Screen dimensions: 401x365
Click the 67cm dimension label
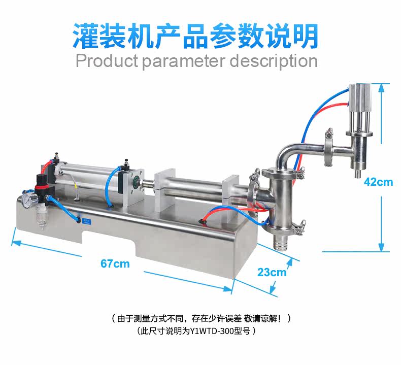[115, 263]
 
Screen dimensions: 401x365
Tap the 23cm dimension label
[272, 272]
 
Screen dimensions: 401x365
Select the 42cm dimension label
[379, 182]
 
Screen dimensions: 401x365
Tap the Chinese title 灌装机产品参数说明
[196, 35]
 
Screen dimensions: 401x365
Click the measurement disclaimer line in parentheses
[201, 319]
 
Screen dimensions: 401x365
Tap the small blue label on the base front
[86, 220]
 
